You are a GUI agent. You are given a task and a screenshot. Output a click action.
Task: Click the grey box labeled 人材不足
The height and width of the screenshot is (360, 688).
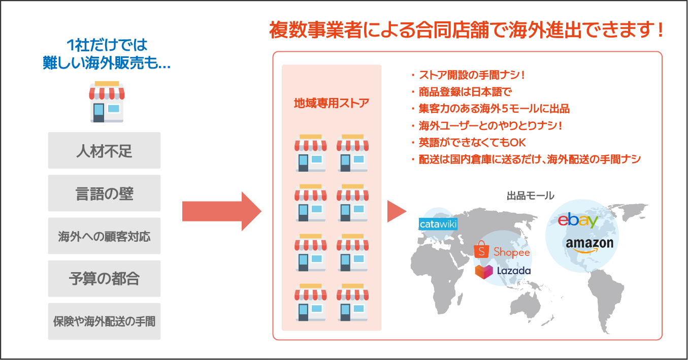pyautogui.click(x=104, y=150)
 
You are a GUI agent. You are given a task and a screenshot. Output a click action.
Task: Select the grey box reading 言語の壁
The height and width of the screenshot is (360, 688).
pyautogui.click(x=104, y=193)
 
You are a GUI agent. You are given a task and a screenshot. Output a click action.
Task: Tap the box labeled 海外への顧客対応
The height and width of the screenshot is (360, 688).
pyautogui.click(x=104, y=236)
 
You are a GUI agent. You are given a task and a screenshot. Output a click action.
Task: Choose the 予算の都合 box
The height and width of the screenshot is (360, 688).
pyautogui.click(x=104, y=279)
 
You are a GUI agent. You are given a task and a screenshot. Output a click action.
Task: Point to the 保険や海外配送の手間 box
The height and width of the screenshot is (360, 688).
pyautogui.click(x=104, y=321)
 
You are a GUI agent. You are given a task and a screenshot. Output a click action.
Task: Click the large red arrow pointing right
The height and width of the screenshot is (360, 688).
pyautogui.click(x=221, y=211)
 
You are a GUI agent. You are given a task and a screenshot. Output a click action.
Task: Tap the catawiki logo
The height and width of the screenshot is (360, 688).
pyautogui.click(x=438, y=224)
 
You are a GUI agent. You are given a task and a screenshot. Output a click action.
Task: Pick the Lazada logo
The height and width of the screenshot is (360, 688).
pyautogui.click(x=503, y=271)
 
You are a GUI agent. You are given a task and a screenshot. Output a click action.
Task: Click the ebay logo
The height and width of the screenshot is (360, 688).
pyautogui.click(x=578, y=220)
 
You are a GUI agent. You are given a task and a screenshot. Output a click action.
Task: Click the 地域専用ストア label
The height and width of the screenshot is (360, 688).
pyautogui.click(x=331, y=103)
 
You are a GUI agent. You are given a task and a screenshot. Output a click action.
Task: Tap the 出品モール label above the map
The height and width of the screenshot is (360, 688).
pyautogui.click(x=530, y=195)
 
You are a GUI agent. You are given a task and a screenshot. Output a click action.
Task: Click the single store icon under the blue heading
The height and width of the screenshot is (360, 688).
pyautogui.click(x=107, y=102)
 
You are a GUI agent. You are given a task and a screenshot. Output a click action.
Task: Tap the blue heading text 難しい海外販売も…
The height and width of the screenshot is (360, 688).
pyautogui.click(x=107, y=64)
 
